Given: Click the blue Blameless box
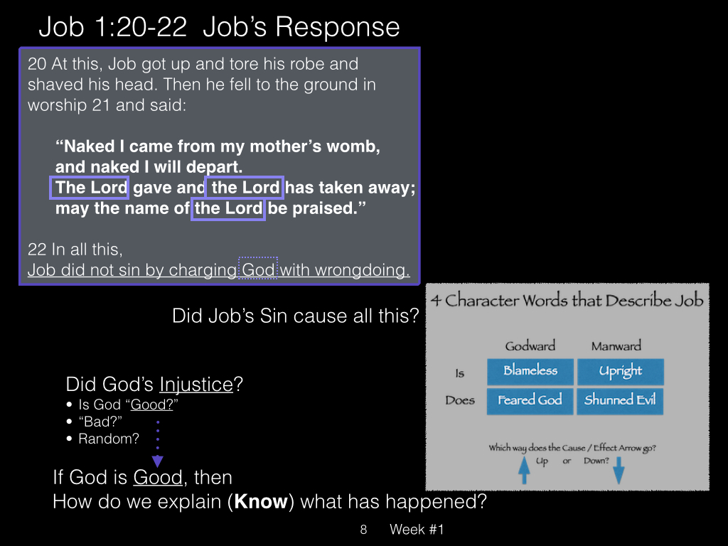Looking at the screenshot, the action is [530, 371].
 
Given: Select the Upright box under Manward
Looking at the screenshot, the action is [620, 371].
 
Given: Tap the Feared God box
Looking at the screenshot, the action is [530, 401].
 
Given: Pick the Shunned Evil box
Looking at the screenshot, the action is [620, 401].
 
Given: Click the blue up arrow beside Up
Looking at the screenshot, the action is [524, 470].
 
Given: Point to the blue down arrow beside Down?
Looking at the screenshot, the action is [619, 470].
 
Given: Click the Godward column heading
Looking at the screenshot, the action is [530, 346].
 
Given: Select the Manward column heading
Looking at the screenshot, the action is [616, 346].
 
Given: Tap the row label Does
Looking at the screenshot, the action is [460, 400].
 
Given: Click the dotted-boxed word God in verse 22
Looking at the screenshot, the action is [257, 268].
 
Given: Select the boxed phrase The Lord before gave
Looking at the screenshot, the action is [89, 188].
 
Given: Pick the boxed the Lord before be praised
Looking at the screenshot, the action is [228, 208].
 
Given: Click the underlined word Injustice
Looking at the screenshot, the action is [196, 385].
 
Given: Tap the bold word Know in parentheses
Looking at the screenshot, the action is [261, 501].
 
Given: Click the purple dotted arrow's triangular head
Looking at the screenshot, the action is [157, 461].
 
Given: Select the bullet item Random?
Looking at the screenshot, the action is [109, 439].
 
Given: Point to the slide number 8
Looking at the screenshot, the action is [363, 529].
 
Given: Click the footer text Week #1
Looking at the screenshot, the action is [417, 529].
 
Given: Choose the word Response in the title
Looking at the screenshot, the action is [338, 27].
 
